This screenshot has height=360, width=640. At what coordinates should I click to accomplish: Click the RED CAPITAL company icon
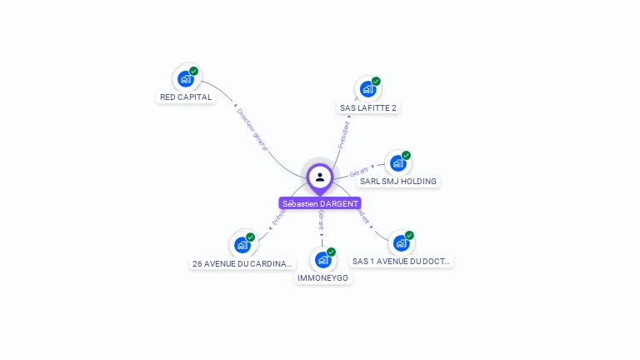click(186, 79)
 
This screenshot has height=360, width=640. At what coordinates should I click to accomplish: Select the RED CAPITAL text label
click(186, 97)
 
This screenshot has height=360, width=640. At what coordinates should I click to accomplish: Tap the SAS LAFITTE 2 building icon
click(367, 89)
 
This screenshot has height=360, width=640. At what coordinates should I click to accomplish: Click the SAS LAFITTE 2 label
click(368, 107)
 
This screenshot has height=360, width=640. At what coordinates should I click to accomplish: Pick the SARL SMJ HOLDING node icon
click(397, 163)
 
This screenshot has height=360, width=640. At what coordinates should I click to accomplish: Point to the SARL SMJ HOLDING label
click(398, 181)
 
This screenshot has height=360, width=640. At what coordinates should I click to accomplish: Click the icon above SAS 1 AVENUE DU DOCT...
click(401, 243)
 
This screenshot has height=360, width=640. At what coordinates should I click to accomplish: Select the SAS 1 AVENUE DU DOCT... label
click(402, 261)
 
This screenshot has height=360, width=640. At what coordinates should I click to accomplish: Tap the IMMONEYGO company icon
click(322, 260)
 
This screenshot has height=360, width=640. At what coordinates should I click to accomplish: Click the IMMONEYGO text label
click(323, 277)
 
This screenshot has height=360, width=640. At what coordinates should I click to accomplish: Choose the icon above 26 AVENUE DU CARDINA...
click(242, 245)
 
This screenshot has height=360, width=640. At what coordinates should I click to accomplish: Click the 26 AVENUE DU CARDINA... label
click(242, 263)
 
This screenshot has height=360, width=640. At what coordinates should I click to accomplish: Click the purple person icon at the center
click(320, 177)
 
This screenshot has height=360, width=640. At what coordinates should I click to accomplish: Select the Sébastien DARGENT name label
click(320, 203)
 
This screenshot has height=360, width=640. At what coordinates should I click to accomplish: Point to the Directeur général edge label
click(252, 128)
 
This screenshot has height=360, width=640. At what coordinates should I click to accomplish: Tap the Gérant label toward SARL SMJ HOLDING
click(359, 172)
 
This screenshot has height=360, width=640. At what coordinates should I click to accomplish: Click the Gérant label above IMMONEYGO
click(321, 219)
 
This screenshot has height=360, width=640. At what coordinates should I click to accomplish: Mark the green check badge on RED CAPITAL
click(194, 71)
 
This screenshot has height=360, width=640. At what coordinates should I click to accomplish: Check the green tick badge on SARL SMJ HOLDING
click(406, 155)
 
